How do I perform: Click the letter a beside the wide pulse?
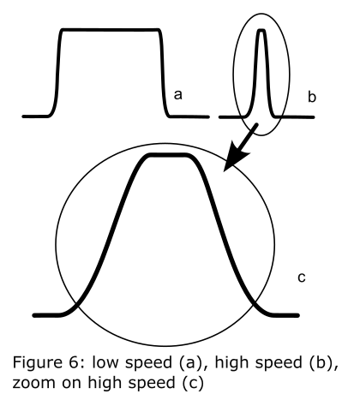tap(177, 95)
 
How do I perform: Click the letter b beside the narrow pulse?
tap(312, 97)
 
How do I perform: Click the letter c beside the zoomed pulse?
tap(302, 278)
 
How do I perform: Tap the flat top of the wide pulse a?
tap(111, 29)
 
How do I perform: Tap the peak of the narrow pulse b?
tap(261, 30)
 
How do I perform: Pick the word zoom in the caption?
tap(34, 383)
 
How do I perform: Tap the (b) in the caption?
tap(322, 363)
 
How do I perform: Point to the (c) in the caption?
tap(193, 383)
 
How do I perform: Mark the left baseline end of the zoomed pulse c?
tap(34, 315)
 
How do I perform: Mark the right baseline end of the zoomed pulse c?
tap(297, 315)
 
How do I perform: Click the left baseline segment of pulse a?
tap(35, 116)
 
